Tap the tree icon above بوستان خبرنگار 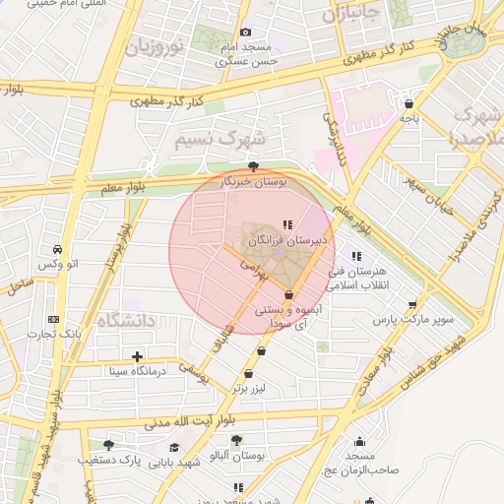pyautogui.click(x=255, y=166)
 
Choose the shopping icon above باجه pyautogui.click(x=409, y=103)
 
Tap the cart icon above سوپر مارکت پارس pyautogui.click(x=411, y=305)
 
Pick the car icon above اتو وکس pyautogui.click(x=60, y=249)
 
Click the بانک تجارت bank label pyautogui.click(x=53, y=334)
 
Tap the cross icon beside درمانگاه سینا pyautogui.click(x=137, y=356)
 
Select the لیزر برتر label pyautogui.click(x=250, y=389)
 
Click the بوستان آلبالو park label pyautogui.click(x=236, y=456)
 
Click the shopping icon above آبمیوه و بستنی pyautogui.click(x=288, y=294)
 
